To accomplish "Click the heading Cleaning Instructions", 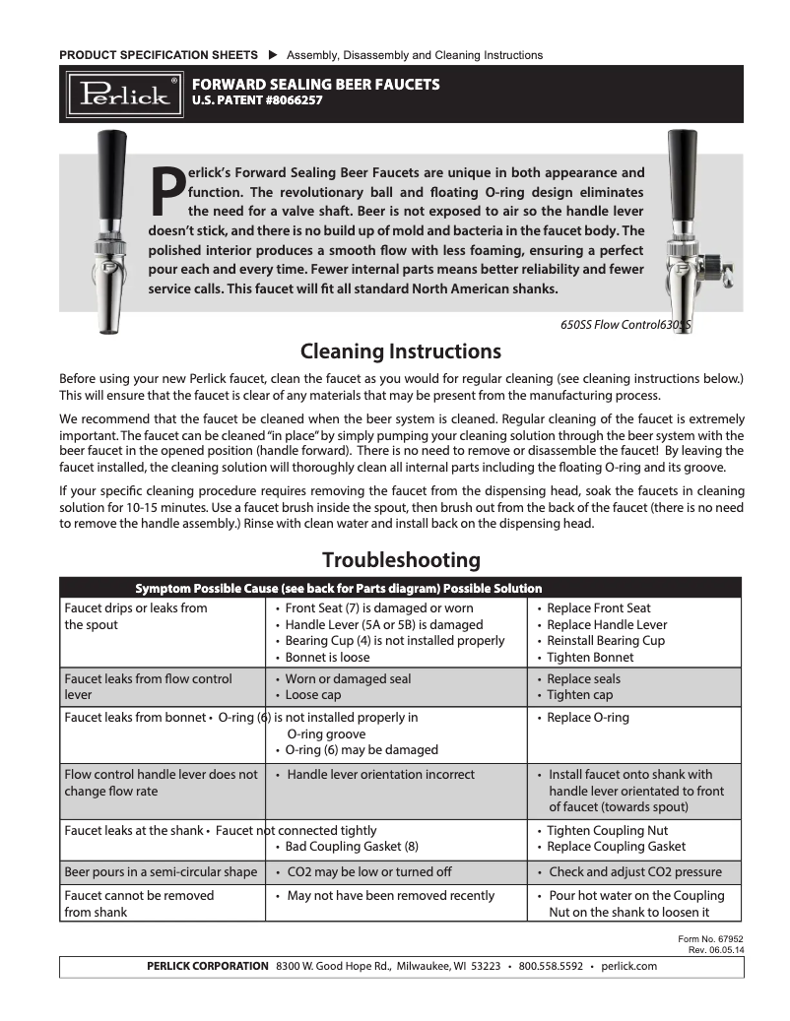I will coord(400,351).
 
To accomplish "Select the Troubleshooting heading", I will coord(401,560).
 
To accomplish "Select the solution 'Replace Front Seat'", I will coord(598,608).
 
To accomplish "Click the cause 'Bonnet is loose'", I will coord(328,657).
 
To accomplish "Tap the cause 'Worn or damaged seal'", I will coord(348,679).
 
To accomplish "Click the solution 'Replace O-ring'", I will coord(587,718).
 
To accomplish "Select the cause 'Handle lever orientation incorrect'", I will coord(380,775).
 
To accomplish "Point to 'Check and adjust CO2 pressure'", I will coord(634,872).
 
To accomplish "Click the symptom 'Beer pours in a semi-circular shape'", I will coord(161,872).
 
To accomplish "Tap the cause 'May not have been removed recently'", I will coord(390,896).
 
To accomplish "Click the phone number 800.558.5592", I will coord(551,966).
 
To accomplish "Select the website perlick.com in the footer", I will coord(627,966).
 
